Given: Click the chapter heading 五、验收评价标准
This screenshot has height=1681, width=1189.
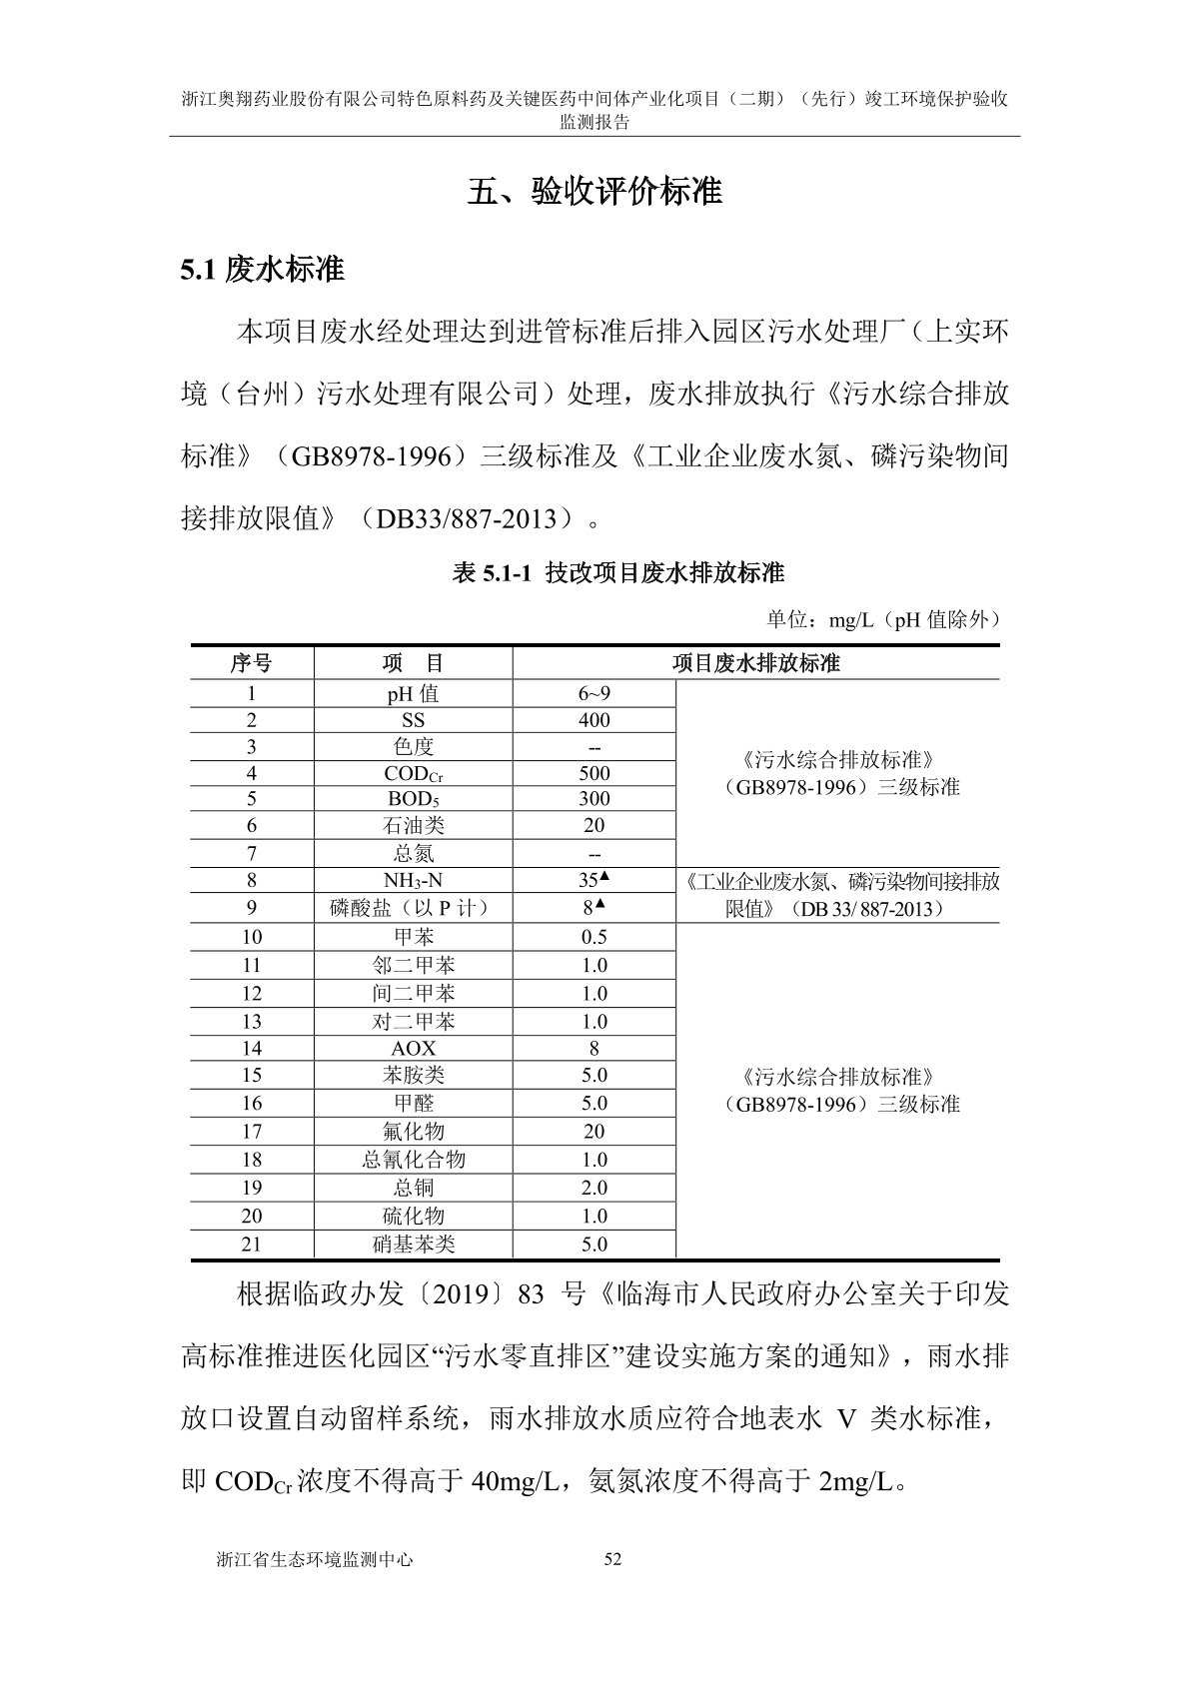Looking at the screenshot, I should [x=594, y=191].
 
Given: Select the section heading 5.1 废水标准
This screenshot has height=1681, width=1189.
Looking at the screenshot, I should [x=262, y=269].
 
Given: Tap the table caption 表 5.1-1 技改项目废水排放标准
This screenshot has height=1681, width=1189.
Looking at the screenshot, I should [x=618, y=572].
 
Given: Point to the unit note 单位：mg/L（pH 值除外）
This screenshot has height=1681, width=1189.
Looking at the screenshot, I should [x=883, y=619].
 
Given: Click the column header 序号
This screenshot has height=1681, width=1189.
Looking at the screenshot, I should [x=251, y=663].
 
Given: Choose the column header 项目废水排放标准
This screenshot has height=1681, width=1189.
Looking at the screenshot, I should [x=755, y=663].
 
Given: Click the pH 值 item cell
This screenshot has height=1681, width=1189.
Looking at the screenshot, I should [x=413, y=693].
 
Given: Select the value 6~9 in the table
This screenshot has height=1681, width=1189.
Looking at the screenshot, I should [x=594, y=693].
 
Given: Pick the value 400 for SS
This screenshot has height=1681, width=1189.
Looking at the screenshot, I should [x=594, y=720].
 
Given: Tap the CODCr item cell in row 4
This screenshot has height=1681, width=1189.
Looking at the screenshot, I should [x=413, y=773].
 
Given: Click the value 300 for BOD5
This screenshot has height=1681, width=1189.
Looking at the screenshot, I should [x=594, y=799].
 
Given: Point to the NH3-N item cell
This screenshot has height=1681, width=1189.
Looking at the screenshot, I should [x=413, y=880].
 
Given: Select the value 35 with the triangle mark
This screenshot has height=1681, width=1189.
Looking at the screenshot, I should [x=594, y=880].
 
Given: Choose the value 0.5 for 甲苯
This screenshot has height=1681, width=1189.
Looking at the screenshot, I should [x=594, y=937].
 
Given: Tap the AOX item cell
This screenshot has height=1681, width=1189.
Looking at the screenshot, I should [x=413, y=1049].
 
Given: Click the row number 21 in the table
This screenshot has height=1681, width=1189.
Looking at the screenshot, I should [x=251, y=1245].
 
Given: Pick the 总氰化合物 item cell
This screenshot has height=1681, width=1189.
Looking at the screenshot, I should [x=413, y=1160].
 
